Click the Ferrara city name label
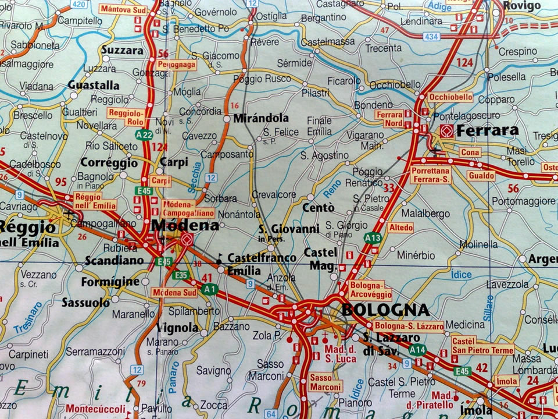tap(487, 130)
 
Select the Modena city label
tap(185, 225)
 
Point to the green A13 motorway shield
tap(373, 237)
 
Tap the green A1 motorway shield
tap(209, 288)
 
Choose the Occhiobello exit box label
tap(450, 97)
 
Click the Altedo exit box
tap(400, 228)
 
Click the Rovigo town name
tap(521, 6)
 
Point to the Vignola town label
tap(178, 328)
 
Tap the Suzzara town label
tap(122, 50)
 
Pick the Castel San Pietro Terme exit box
tap(482, 345)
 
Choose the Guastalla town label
tap(94, 85)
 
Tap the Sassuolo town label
tap(85, 303)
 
